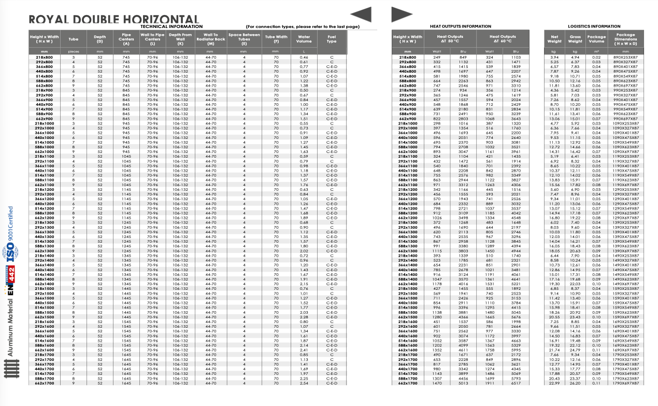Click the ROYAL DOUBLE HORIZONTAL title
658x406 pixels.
point(113,20)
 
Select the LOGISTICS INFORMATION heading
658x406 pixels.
point(594,26)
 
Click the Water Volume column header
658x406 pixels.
point(304,39)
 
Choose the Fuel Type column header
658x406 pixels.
point(332,39)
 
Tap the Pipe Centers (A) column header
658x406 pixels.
point(126,39)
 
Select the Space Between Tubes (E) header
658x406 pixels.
point(244,39)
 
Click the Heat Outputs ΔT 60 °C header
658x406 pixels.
point(503,39)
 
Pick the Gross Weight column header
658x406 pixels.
point(575,39)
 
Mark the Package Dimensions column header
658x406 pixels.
point(625,39)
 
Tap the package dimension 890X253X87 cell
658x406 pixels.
point(625,57)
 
